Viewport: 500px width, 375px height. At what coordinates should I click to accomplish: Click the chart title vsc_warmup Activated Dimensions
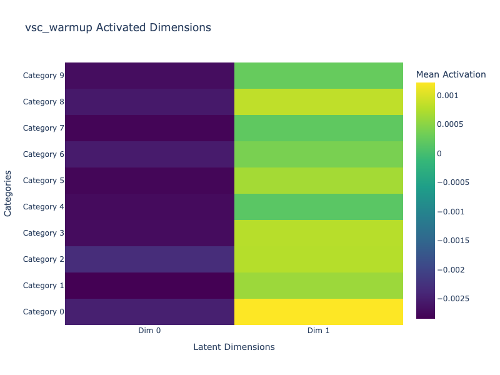tap(118, 27)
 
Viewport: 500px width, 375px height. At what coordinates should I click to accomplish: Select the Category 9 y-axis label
tap(43, 76)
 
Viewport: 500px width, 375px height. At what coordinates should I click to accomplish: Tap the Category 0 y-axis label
tap(43, 312)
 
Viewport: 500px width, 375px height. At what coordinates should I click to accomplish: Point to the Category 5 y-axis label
tap(43, 181)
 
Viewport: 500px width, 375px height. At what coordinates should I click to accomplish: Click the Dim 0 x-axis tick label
tap(149, 331)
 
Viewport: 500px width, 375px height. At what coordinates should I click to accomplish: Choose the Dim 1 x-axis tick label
tap(318, 331)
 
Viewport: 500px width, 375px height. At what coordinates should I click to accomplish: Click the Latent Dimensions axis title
tap(234, 347)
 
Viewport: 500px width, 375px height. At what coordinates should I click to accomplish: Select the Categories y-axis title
tap(8, 194)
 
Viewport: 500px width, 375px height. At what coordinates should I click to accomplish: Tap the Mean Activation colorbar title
tap(451, 74)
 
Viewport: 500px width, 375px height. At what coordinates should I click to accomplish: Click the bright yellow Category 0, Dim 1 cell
tap(318, 312)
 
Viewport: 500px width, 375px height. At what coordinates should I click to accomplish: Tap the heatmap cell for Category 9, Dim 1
tap(318, 76)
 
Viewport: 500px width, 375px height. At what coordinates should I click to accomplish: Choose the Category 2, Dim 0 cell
tap(149, 259)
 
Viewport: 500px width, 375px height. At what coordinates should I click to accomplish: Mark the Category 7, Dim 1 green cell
tap(318, 128)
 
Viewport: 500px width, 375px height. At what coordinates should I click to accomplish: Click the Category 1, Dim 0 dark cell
tap(149, 286)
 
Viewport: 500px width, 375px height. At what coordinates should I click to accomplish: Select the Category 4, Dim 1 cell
tap(318, 207)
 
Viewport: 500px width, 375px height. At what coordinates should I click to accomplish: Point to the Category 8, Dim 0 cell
tap(149, 102)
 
